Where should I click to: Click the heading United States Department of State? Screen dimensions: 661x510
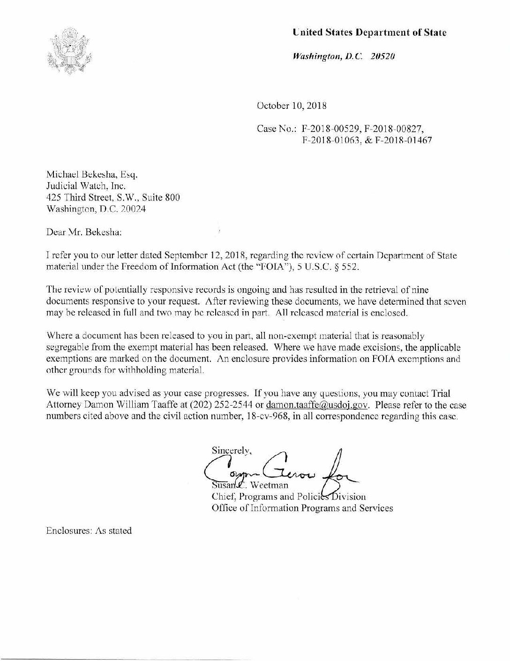369,32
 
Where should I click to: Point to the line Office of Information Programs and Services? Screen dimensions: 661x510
302,507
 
